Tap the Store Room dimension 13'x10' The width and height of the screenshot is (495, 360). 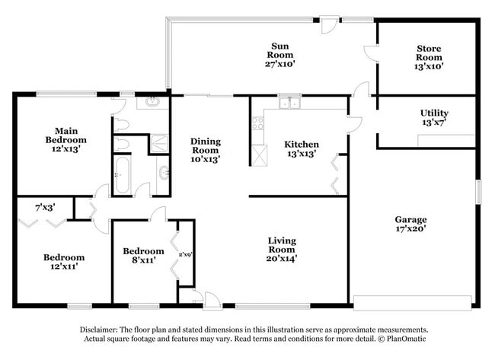tap(428, 66)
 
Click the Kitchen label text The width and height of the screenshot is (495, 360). tap(302, 145)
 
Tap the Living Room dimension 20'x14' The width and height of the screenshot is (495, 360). tap(281, 257)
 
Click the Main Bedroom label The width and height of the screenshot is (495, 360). tap(65, 135)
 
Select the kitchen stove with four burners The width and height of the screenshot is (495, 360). tap(257, 121)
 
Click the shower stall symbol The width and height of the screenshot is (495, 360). tap(161, 143)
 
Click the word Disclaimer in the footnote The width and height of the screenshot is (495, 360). tap(104, 330)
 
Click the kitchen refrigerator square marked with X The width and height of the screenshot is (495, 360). tap(260, 156)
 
